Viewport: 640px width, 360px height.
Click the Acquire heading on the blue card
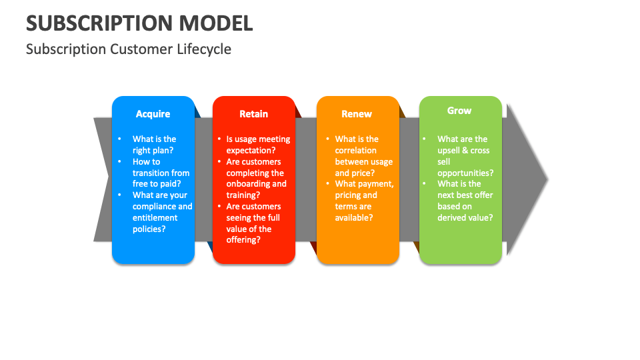[153, 114]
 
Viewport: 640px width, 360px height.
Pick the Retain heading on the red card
[253, 114]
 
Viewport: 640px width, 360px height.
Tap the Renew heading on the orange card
[357, 114]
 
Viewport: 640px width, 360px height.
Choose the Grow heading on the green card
[459, 111]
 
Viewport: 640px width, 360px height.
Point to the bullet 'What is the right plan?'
[154, 145]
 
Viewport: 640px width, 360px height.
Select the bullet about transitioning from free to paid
[161, 173]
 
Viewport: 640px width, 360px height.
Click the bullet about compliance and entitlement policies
[162, 212]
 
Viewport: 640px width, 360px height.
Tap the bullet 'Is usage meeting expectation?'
[258, 145]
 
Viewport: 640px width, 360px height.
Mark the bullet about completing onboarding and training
[256, 178]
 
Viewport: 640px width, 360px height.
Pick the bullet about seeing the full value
[253, 223]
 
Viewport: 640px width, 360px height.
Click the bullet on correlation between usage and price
[363, 156]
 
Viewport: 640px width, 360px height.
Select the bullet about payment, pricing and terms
[364, 201]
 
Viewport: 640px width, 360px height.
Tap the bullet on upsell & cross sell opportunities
[465, 156]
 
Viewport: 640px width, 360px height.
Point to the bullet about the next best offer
[465, 201]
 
